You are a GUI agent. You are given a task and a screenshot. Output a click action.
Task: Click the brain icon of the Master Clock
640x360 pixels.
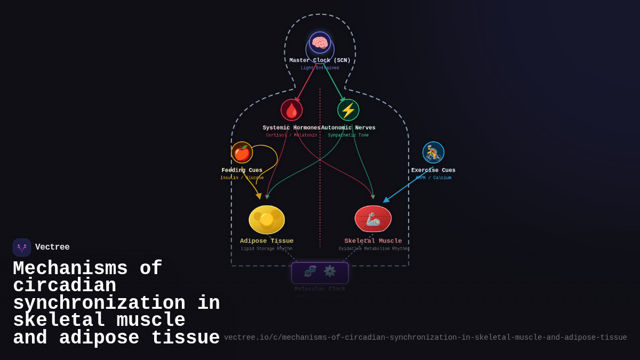(x=320, y=43)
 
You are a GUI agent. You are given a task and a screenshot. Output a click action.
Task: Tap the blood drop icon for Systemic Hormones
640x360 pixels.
(x=292, y=110)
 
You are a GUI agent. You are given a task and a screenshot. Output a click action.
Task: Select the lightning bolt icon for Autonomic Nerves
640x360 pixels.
(x=348, y=110)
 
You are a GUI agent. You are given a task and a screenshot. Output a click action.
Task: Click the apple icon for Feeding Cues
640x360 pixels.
(x=242, y=153)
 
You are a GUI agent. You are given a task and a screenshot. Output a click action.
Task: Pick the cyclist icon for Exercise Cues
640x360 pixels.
(x=433, y=153)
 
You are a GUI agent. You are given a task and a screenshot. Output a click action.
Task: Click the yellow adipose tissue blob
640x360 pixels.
(x=267, y=220)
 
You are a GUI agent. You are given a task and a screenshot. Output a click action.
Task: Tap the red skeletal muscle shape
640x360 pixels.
(x=373, y=219)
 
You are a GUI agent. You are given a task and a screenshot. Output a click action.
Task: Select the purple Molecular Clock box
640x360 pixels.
(x=320, y=273)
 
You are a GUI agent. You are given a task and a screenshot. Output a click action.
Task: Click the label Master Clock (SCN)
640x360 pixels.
(x=320, y=61)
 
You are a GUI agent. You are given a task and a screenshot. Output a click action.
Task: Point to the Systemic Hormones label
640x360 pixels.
(x=291, y=128)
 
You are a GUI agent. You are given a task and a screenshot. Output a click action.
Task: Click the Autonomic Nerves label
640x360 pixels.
(x=349, y=128)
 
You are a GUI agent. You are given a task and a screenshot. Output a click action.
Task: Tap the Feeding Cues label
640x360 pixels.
(x=242, y=171)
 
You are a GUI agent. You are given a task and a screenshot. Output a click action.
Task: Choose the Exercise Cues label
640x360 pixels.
(x=433, y=171)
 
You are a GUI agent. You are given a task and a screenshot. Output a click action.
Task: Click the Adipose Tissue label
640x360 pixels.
(x=267, y=241)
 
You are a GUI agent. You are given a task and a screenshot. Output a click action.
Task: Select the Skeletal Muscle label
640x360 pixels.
(x=373, y=241)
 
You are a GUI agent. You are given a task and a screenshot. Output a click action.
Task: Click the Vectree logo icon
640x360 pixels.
(x=22, y=247)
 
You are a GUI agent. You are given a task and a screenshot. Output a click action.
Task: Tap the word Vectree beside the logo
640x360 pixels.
(x=52, y=247)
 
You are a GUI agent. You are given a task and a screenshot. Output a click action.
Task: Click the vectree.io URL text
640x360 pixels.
(x=425, y=338)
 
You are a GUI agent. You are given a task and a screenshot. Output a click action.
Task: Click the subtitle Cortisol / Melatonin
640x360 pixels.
(x=291, y=135)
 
